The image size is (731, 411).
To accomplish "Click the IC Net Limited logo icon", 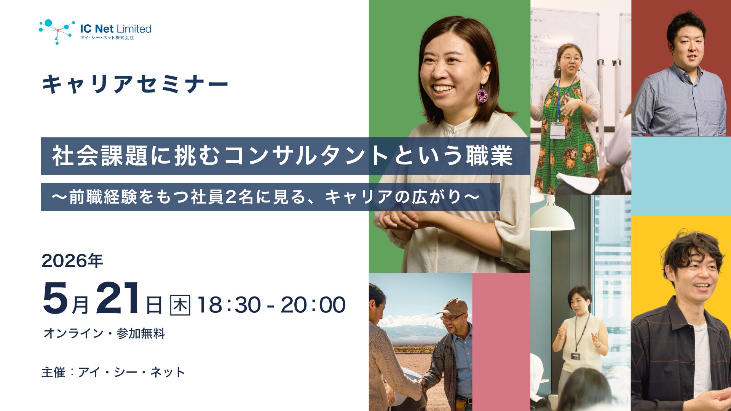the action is coord(57,32).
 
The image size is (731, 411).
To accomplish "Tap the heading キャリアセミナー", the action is coord(135,84).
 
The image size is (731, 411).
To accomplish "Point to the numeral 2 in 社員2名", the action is coord(231,197).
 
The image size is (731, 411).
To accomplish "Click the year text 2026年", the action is coord(72,261).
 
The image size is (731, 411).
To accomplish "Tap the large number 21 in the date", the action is coord(118,299).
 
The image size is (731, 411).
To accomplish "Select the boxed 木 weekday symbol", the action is coord(180,305).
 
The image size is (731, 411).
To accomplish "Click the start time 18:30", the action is coord(229,305).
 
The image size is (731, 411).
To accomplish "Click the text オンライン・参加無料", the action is coord(104,333).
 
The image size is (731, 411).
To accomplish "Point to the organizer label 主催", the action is coord(53,372).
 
